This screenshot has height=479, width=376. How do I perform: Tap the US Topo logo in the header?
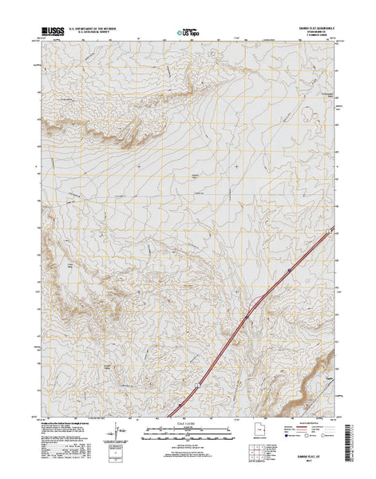click(x=187, y=33)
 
